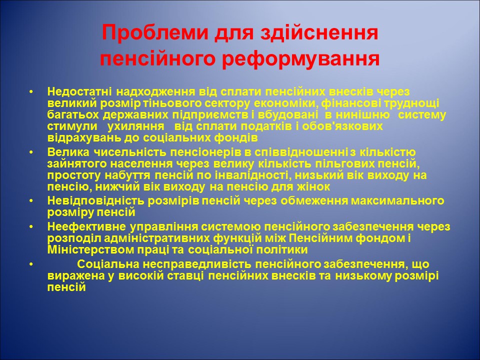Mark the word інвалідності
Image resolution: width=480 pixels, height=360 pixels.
point(263,175)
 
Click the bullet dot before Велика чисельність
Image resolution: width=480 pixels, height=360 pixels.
point(31,152)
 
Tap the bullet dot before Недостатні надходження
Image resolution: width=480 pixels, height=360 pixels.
point(31,92)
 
